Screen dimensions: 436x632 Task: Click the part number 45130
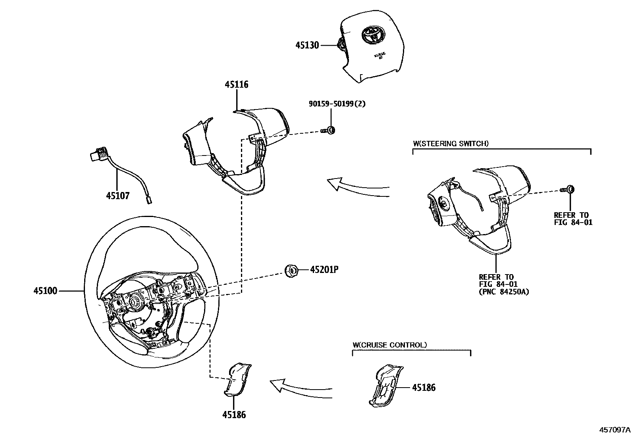tap(307, 45)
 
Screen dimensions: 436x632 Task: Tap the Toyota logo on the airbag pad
tap(372, 35)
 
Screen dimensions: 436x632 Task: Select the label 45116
tap(236, 85)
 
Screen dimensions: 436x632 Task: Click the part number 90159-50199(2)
tap(337, 104)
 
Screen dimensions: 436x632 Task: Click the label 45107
tap(118, 196)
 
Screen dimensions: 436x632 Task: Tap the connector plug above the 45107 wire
tap(97, 154)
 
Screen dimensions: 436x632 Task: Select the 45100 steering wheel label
tap(45, 291)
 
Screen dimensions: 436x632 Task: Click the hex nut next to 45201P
tap(292, 271)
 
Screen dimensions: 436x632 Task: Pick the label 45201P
tap(324, 270)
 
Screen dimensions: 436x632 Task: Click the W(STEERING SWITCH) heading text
tap(451, 143)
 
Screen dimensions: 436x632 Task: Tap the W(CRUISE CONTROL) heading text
tap(389, 345)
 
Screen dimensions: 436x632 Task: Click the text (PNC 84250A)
tap(504, 292)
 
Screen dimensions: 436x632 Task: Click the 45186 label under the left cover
tap(234, 415)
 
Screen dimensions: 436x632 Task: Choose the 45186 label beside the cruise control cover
tap(424, 387)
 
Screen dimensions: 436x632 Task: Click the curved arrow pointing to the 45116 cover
tap(357, 188)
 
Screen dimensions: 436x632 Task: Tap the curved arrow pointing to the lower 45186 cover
tap(301, 389)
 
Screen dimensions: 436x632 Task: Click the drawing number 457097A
tap(615, 429)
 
